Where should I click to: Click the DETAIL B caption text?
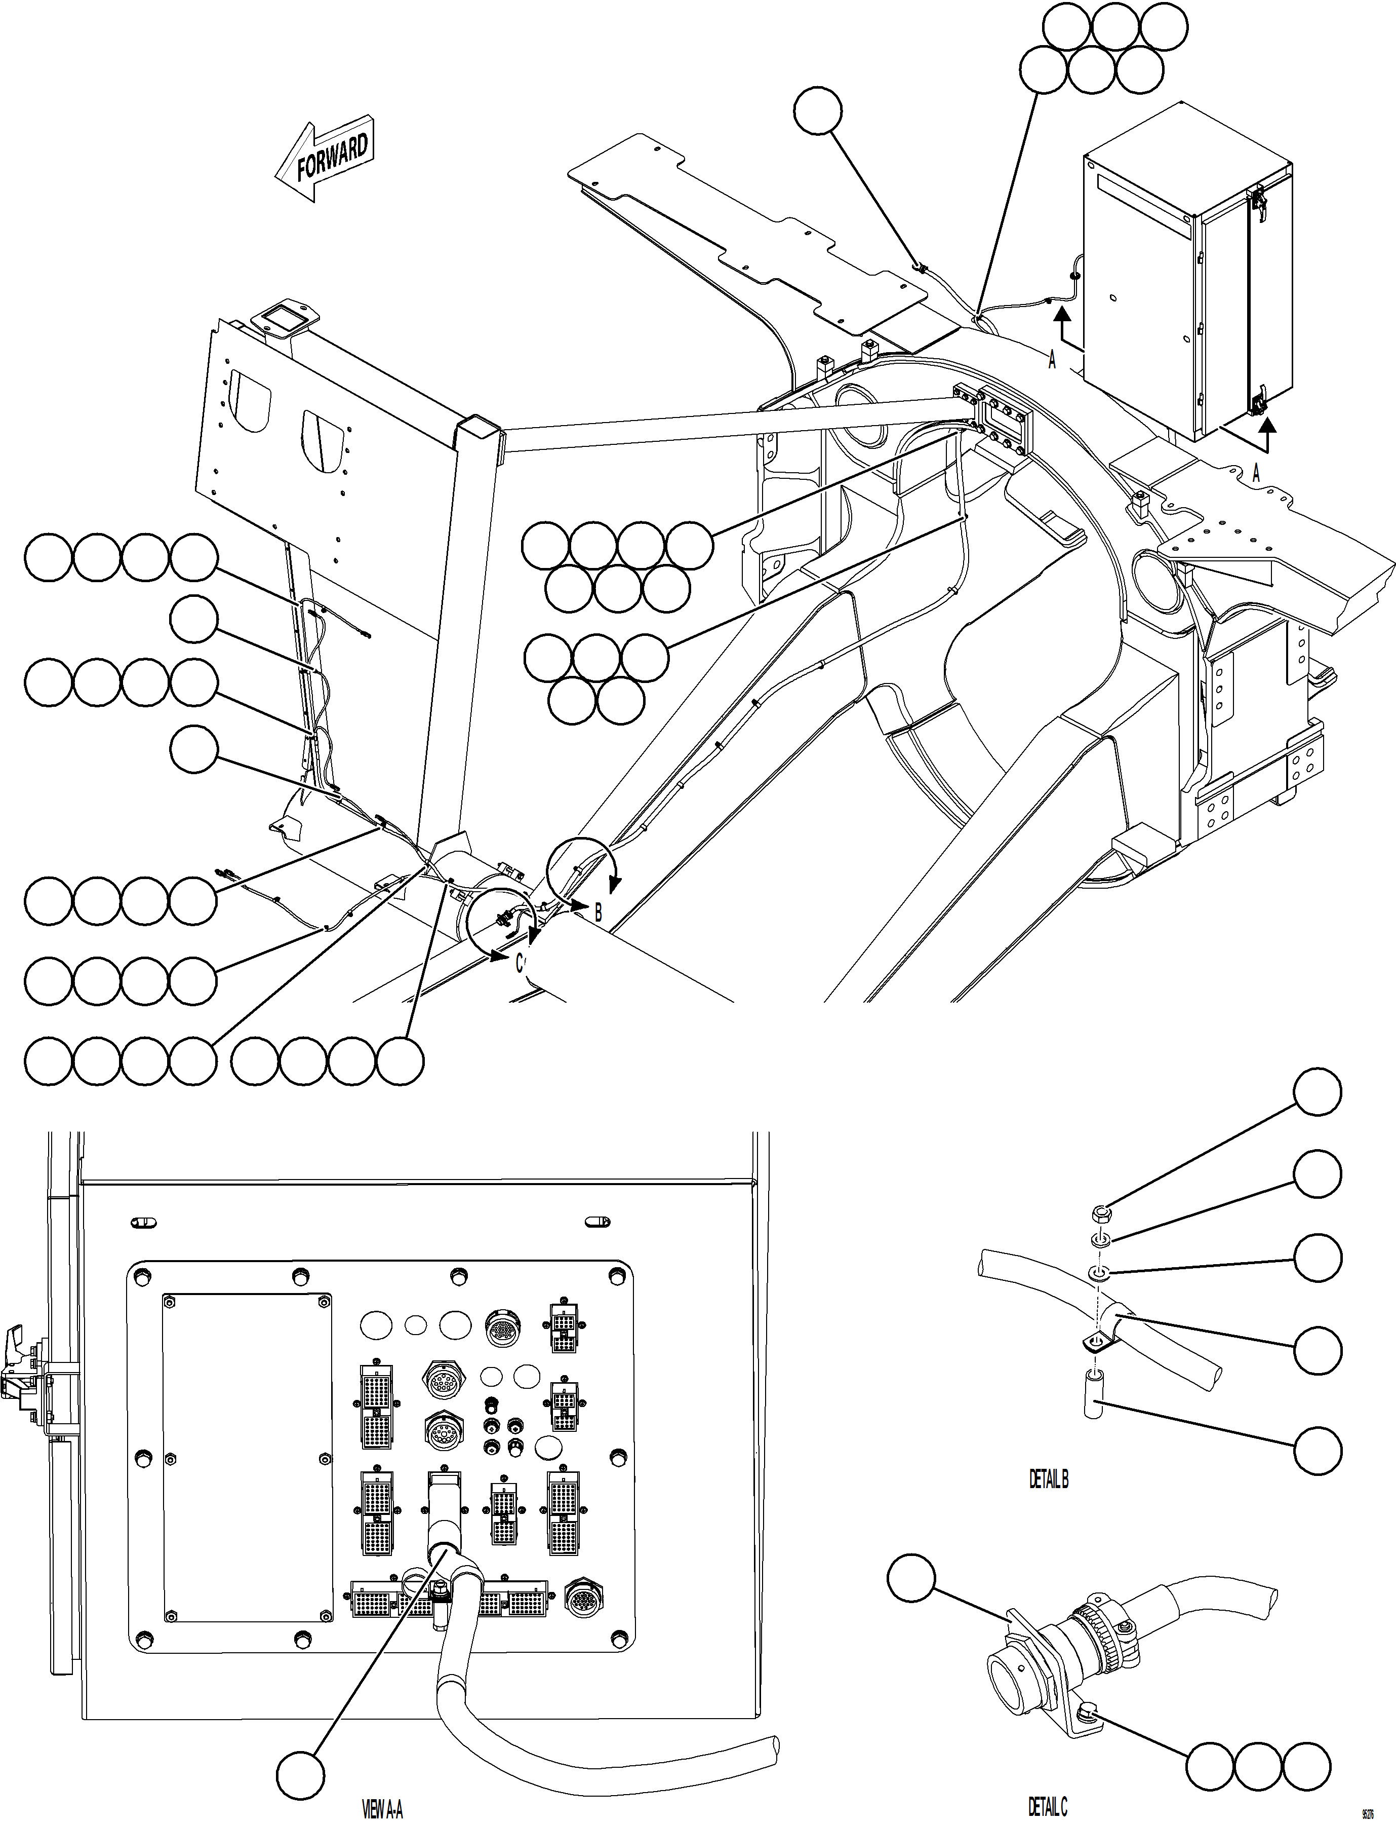[1049, 1479]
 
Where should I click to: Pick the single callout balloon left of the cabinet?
[818, 110]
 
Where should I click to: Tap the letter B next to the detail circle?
[597, 912]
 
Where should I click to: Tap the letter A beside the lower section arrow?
[1256, 473]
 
